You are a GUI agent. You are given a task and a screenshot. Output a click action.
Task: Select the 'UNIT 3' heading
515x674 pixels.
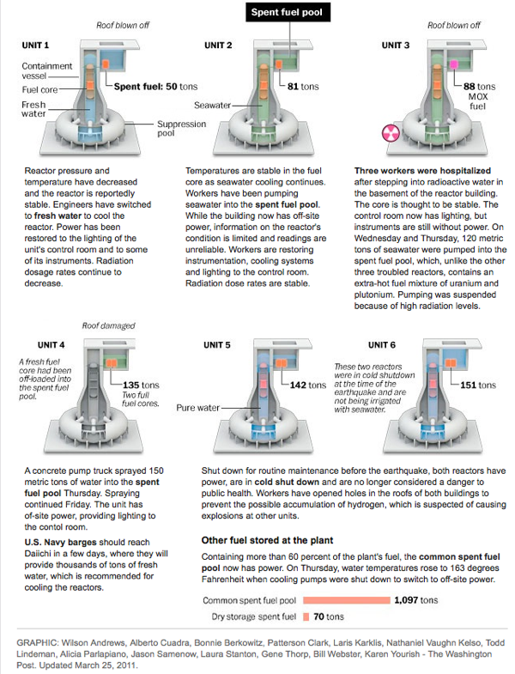[395, 45]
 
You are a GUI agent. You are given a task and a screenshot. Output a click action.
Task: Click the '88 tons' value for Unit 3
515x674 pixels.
[479, 87]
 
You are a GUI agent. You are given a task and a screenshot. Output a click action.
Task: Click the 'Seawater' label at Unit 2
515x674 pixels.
[213, 106]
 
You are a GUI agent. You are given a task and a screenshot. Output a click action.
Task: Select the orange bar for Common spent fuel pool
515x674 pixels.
[343, 601]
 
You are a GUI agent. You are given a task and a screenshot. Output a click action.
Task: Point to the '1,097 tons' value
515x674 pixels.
[416, 601]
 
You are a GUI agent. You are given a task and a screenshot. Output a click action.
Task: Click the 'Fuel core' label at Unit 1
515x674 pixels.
[39, 88]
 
